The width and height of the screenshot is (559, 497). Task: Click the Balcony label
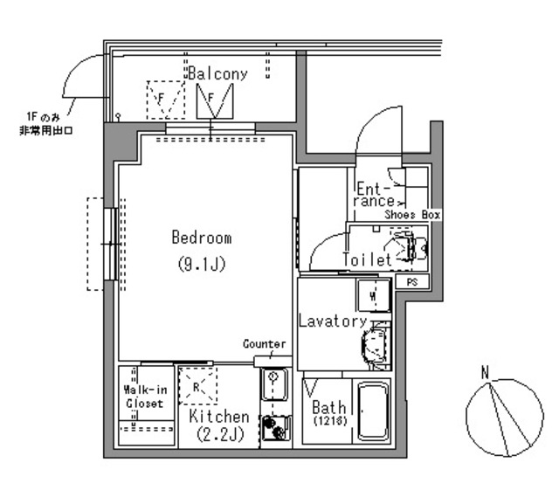[x=217, y=73]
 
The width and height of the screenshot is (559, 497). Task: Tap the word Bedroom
[x=202, y=238]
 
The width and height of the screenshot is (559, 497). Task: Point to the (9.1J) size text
[x=202, y=264]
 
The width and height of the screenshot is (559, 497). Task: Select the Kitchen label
[x=219, y=416]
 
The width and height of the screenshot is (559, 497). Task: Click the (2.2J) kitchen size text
[x=220, y=434]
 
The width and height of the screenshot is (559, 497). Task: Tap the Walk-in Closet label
[x=145, y=397]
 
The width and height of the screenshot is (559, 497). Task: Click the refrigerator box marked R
[x=198, y=386]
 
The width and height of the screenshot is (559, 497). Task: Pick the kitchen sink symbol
[x=274, y=384]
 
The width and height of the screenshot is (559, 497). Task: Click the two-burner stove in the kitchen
[x=276, y=428]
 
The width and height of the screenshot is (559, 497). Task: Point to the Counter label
[x=264, y=343]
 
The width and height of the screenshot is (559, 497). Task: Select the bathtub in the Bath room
[x=373, y=411]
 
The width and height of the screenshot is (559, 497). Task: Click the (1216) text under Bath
[x=330, y=421]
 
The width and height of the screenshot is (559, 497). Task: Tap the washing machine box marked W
[x=373, y=295]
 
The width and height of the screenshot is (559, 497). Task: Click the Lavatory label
[x=333, y=321]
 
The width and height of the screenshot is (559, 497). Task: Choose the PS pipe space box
[x=412, y=282]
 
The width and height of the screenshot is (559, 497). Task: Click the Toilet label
[x=367, y=259]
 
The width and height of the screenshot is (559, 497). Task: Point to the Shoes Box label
[x=412, y=215]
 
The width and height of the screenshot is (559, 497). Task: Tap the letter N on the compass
[x=485, y=373]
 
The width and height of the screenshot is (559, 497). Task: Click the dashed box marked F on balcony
[x=166, y=100]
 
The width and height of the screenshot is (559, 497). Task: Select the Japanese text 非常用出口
[x=46, y=130]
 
